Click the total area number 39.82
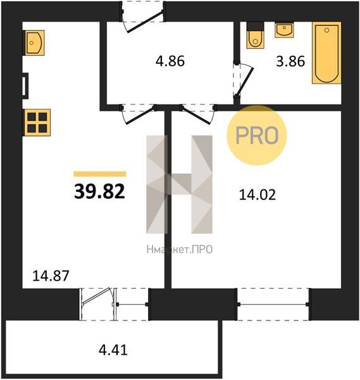99,191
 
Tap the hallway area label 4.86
170,61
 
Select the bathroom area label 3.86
290,61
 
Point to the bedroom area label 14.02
258,195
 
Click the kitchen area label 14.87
51,276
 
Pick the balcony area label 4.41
113,350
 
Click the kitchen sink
34,43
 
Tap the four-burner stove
37,122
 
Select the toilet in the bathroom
255,35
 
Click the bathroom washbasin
284,30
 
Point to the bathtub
326,53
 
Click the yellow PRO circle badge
257,136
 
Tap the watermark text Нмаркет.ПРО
180,250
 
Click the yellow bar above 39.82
100,174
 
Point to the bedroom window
273,305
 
